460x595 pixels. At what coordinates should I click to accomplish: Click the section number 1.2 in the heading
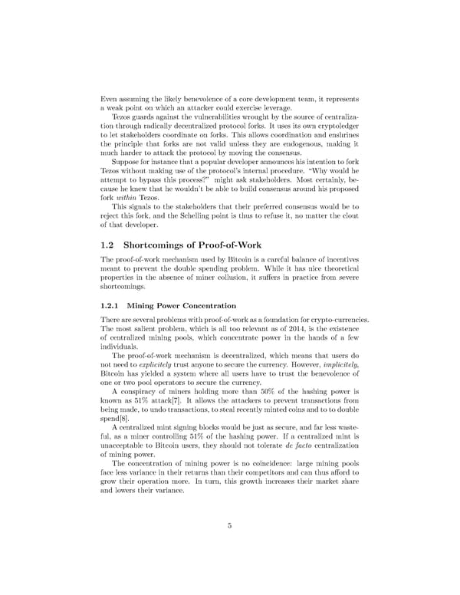(109, 245)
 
